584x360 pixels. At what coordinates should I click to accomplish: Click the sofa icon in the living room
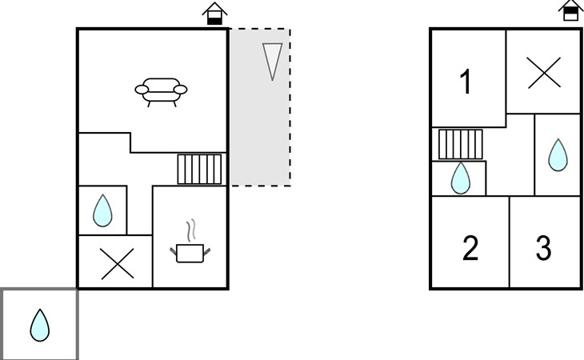[161, 92]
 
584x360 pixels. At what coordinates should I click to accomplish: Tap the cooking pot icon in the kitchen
[190, 253]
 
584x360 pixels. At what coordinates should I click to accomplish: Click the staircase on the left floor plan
[199, 170]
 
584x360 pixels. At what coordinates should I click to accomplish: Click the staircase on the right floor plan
[460, 144]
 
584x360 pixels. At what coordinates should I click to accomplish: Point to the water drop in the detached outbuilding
[39, 325]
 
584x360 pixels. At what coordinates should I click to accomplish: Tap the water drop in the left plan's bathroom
[102, 210]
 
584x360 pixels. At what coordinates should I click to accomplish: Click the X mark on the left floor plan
[118, 264]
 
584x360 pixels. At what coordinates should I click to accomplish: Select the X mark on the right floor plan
[544, 73]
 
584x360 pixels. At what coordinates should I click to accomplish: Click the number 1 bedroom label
[466, 82]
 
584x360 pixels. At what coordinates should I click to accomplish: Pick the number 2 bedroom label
[470, 248]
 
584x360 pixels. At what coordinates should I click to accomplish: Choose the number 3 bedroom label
[543, 247]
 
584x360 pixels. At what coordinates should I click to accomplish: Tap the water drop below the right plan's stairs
[461, 178]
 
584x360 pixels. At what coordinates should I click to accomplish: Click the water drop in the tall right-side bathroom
[558, 155]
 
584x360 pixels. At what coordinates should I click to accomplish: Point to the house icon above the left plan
[214, 14]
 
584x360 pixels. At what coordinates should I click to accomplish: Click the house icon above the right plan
[570, 10]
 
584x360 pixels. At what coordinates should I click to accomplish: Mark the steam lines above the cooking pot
[190, 231]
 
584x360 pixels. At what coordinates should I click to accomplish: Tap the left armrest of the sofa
[142, 90]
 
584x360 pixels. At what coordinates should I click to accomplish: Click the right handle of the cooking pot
[206, 252]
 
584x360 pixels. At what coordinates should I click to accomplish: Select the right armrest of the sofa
[181, 90]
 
